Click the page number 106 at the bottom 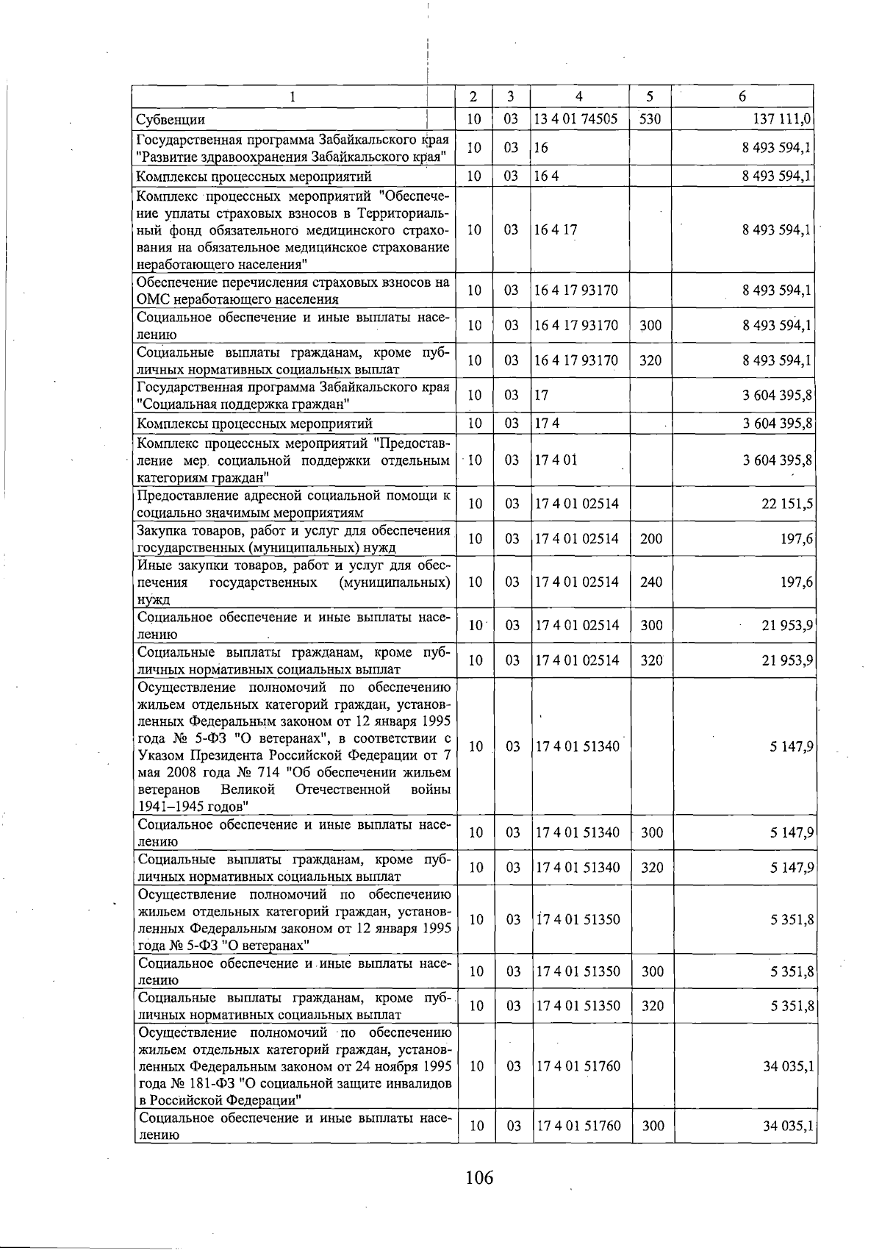479,1177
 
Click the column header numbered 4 579,96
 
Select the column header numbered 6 742,96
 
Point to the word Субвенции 171,120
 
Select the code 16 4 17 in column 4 556,229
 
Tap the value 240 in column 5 651,582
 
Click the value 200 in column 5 651,539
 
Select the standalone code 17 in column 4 542,395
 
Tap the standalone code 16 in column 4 542,148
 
